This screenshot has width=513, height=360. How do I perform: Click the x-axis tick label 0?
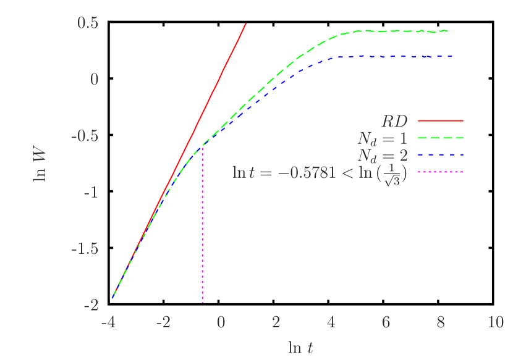pos(221,323)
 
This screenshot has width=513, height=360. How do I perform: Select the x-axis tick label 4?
pos(331,323)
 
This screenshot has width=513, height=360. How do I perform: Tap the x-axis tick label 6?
pos(386,323)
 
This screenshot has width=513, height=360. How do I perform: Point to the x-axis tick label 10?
pos(496,323)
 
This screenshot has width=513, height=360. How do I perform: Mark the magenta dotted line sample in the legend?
pos(440,172)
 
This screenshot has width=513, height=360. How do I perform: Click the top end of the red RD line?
pos(246,24)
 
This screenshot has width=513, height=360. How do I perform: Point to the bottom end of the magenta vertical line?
pos(203,303)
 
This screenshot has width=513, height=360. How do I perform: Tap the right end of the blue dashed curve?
pos(452,56)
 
